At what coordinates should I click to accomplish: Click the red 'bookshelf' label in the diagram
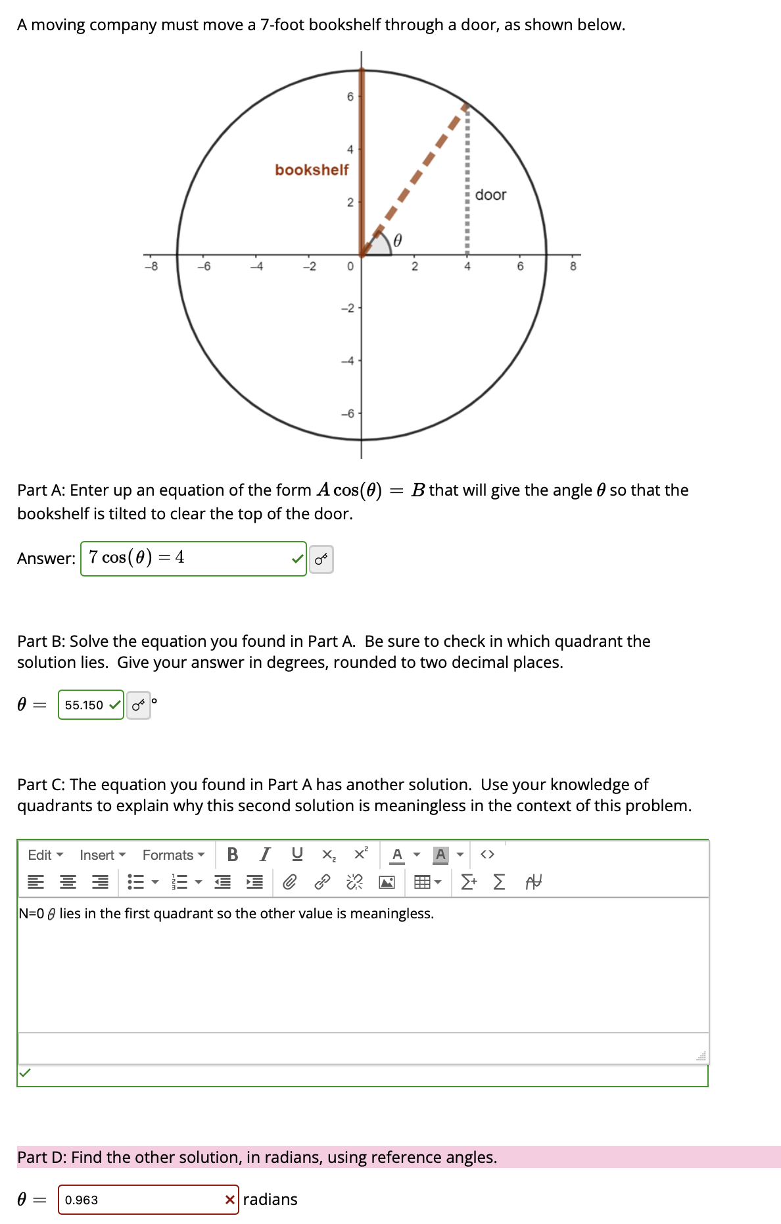(x=312, y=170)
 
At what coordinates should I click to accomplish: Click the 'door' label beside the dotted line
(x=490, y=195)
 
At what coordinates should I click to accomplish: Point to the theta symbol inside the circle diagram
(x=397, y=240)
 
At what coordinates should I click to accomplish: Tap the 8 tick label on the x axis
(x=573, y=266)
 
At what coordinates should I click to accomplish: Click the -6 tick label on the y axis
(x=348, y=413)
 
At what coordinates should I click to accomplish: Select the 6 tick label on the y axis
(x=350, y=97)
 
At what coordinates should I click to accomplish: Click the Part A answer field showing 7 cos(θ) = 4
(x=187, y=558)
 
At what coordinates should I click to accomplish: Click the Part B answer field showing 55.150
(x=85, y=705)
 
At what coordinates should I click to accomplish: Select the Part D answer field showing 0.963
(x=141, y=1200)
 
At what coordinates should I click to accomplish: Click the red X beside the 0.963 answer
(x=229, y=1200)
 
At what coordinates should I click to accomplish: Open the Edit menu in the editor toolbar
(x=45, y=855)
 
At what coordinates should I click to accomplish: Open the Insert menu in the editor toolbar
(x=102, y=855)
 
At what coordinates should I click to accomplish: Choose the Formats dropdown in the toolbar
(x=173, y=855)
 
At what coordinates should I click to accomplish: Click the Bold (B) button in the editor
(x=232, y=854)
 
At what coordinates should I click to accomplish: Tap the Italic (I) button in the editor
(x=265, y=854)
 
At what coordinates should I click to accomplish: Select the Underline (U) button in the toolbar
(x=297, y=854)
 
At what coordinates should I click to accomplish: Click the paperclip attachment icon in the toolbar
(x=289, y=882)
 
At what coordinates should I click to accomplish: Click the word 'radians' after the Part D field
(x=270, y=1200)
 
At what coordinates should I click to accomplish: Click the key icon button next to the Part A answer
(x=321, y=559)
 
